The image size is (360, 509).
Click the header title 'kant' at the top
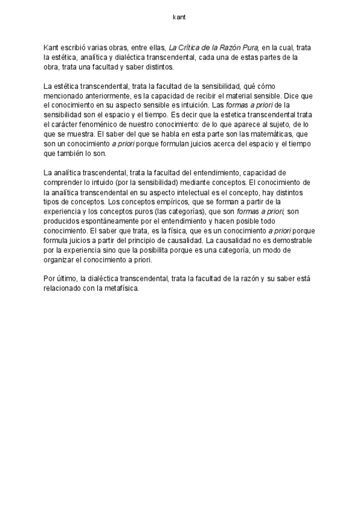[179, 17]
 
